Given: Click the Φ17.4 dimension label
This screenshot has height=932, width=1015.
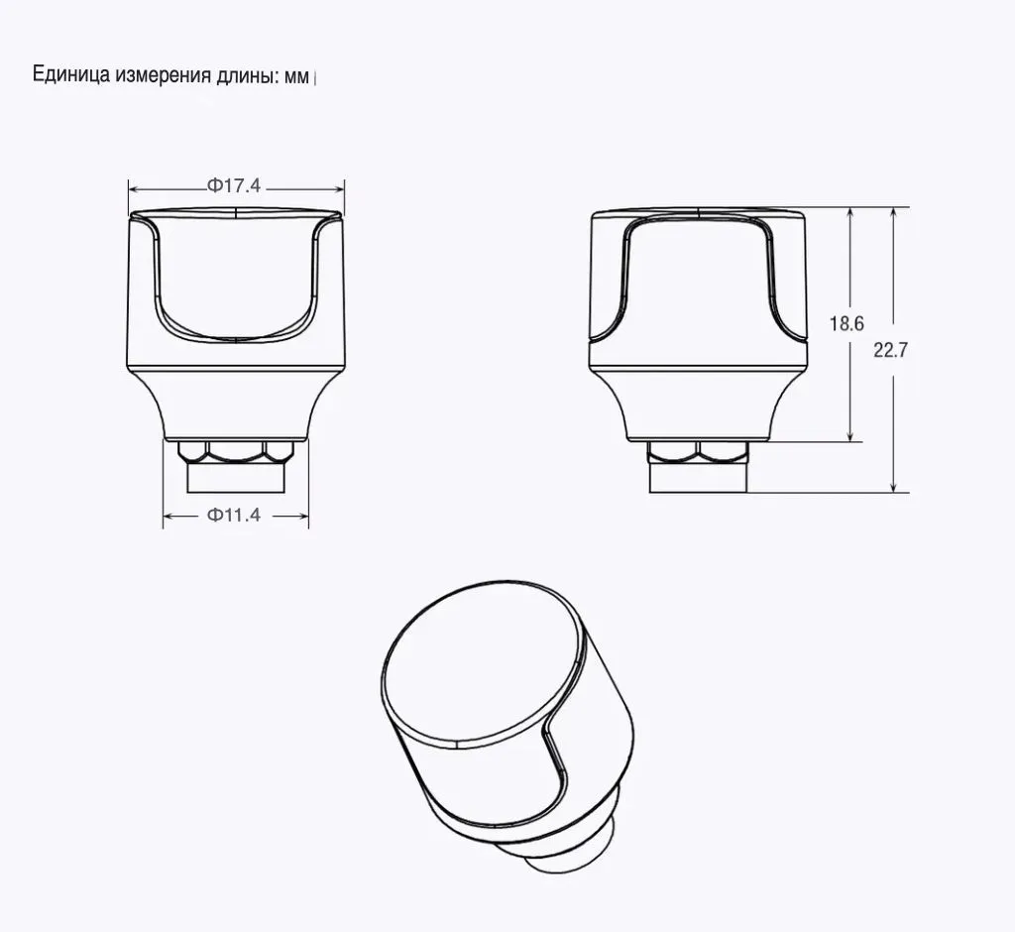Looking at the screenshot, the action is tap(234, 185).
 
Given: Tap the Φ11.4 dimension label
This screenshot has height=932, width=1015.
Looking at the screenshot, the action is tap(234, 515).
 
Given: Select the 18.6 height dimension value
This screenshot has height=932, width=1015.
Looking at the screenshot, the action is tap(846, 323).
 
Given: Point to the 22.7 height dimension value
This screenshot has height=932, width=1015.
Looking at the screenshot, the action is tap(891, 350).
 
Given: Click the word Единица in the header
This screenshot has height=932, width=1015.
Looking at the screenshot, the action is tap(71, 75).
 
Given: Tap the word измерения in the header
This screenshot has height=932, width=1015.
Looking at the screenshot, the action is tap(164, 75).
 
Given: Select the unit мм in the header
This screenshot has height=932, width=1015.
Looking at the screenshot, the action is tap(297, 77).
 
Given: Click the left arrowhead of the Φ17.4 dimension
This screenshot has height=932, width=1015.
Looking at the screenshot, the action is tap(135, 189).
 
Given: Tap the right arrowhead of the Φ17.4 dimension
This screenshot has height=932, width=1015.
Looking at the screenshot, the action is tap(338, 189).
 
